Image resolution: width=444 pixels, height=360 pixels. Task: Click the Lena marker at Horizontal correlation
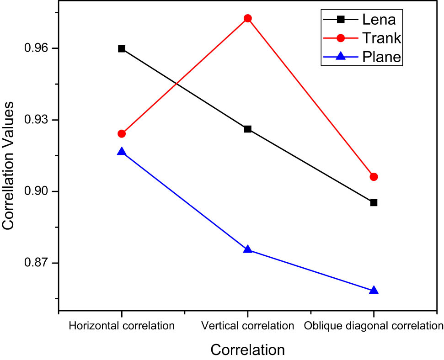pyautogui.click(x=122, y=49)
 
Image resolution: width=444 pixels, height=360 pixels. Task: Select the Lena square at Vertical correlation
pyautogui.click(x=248, y=129)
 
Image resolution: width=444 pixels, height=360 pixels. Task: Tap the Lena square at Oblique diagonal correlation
pyautogui.click(x=374, y=202)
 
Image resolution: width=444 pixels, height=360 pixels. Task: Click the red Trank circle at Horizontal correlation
pyautogui.click(x=122, y=133)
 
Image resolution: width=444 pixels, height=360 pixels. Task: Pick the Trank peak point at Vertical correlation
pyautogui.click(x=248, y=18)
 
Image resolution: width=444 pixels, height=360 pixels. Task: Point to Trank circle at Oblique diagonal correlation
pyautogui.click(x=374, y=177)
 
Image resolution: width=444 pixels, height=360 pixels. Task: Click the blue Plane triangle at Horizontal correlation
pyautogui.click(x=122, y=152)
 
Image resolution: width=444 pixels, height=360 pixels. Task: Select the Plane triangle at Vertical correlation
pyautogui.click(x=248, y=249)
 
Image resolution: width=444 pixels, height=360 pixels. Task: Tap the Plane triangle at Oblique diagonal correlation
pyautogui.click(x=374, y=291)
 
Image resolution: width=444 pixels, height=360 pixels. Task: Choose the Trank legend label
pyautogui.click(x=381, y=38)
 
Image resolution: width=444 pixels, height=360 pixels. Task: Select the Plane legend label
pyautogui.click(x=381, y=57)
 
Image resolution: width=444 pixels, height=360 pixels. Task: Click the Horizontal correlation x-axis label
pyautogui.click(x=122, y=326)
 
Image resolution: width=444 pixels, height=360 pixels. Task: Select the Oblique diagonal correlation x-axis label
pyautogui.click(x=374, y=326)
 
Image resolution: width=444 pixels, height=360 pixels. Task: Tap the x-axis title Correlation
pyautogui.click(x=248, y=350)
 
